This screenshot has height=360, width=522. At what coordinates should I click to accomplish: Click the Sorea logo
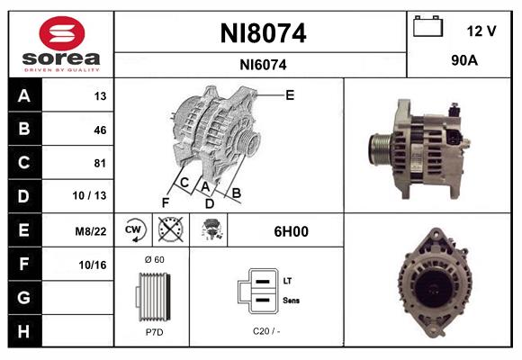61,45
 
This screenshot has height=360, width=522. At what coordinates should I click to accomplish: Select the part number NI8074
263,34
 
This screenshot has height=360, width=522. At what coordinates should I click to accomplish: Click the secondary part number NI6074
263,65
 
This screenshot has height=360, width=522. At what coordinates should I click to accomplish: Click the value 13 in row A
99,96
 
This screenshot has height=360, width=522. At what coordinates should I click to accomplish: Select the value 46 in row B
99,130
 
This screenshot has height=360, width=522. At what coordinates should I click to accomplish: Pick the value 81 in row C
99,163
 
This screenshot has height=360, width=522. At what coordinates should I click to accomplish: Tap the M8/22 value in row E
93,230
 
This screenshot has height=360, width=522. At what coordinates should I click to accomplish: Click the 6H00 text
291,231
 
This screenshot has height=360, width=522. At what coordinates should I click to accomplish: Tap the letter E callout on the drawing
290,94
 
